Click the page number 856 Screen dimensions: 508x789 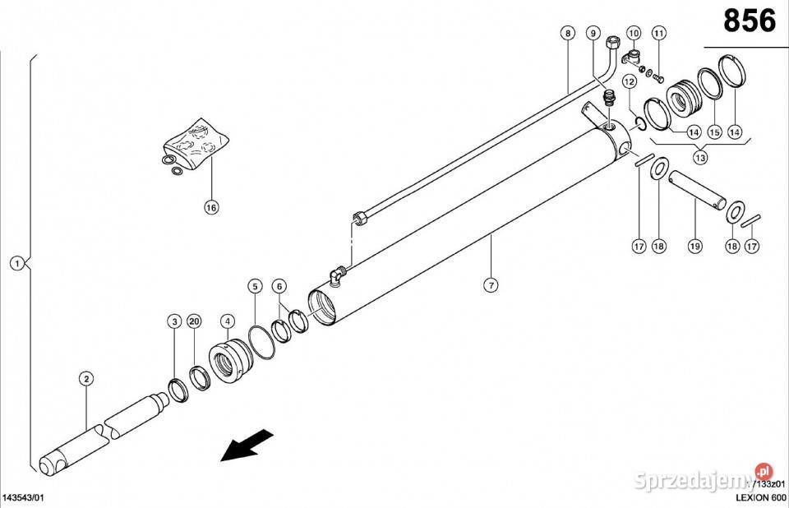tap(749, 21)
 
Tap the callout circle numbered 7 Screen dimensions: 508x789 tap(491, 285)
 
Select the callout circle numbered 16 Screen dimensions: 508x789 tap(211, 207)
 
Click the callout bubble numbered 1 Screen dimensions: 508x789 tap(16, 264)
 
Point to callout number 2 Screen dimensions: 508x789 tap(85, 378)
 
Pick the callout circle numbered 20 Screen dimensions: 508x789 tap(194, 321)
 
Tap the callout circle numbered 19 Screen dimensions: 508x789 tap(694, 246)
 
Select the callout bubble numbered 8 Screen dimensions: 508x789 tap(567, 34)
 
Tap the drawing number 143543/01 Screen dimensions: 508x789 tap(24, 498)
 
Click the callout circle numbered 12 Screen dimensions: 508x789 tap(630, 81)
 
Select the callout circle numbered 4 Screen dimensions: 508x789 tap(228, 321)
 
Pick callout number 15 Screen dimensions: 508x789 tap(714, 132)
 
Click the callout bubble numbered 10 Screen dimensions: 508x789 tap(633, 34)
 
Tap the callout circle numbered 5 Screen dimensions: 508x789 tap(256, 286)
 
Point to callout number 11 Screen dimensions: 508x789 tap(659, 34)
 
